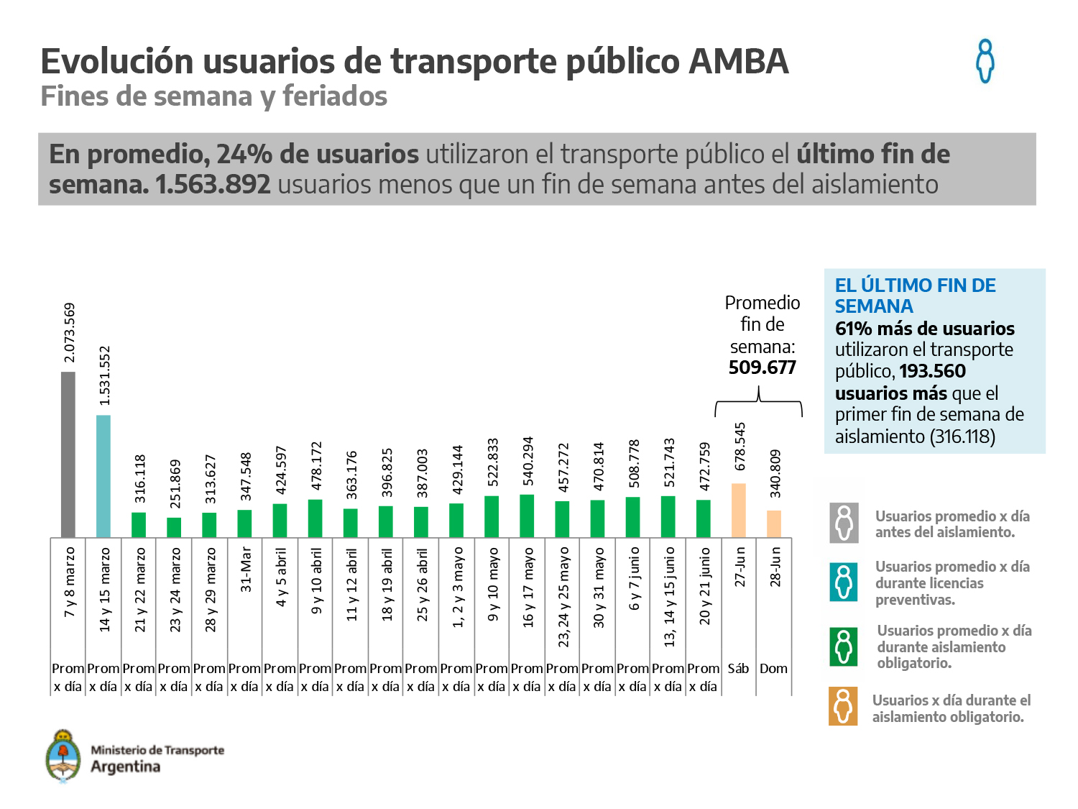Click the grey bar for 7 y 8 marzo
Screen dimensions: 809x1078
coord(68,454)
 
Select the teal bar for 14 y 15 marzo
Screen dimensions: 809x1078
coord(103,476)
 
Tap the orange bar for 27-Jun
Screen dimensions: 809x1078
coord(739,511)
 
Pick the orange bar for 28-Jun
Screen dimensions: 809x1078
coord(774,524)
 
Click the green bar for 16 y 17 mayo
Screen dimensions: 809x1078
coord(527,516)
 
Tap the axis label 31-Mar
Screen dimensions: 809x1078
coord(246,570)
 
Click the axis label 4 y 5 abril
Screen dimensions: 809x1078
coord(281,577)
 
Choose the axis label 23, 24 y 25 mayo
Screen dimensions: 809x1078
coord(563,597)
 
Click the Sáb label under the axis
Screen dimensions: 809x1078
coord(738,669)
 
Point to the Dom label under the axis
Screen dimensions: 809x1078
coord(774,669)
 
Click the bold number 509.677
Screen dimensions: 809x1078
coord(763,367)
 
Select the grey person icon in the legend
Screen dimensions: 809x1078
coord(843,523)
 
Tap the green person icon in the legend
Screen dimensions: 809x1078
coord(843,646)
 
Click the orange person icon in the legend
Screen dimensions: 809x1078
coord(843,706)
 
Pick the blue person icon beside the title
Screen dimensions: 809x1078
coord(985,61)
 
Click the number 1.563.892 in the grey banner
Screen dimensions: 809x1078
coord(213,185)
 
